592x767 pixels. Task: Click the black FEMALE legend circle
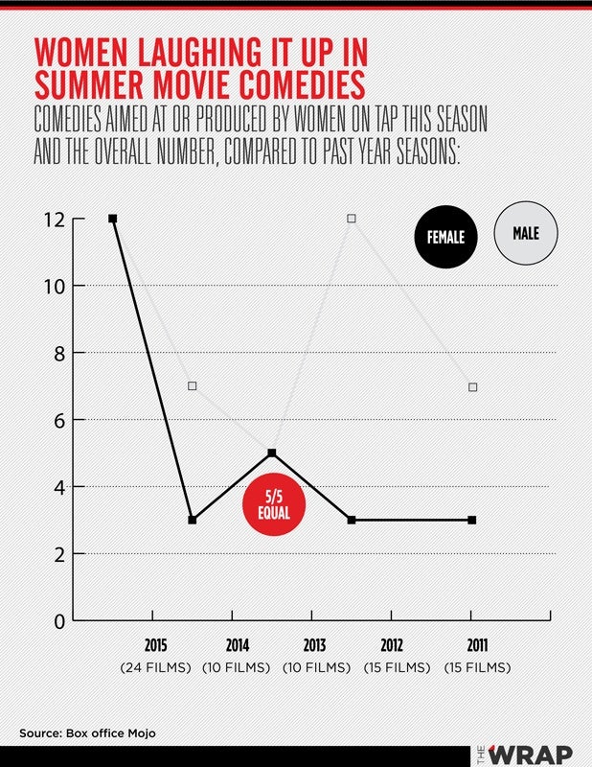446,234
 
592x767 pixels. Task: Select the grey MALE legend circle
526,233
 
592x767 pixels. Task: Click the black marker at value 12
113,220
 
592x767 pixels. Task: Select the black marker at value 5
272,453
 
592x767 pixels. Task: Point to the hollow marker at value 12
352,219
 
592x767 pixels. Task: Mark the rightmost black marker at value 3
471,520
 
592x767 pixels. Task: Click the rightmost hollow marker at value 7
471,386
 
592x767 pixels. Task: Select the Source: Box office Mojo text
86,733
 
